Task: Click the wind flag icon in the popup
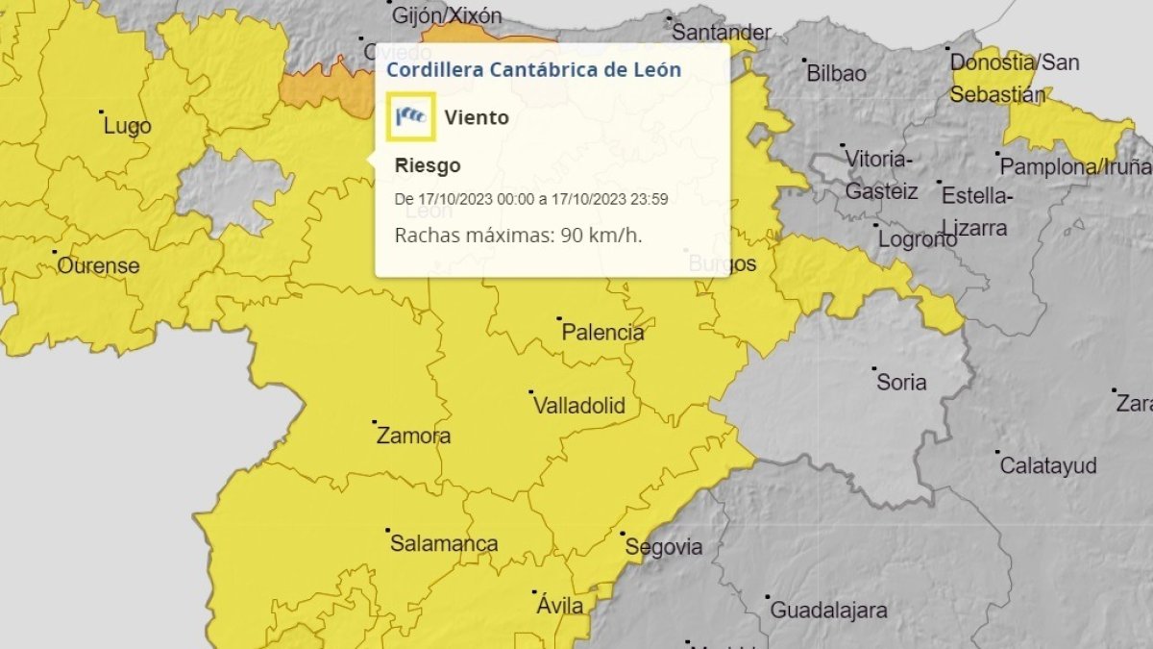411,117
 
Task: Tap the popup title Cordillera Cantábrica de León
533,69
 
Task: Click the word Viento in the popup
477,117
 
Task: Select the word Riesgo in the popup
428,165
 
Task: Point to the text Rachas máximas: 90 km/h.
519,235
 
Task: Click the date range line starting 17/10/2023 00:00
531,199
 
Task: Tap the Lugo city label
127,126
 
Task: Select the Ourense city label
98,265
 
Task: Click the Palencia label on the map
602,333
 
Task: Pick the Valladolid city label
578,406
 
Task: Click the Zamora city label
413,436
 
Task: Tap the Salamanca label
444,543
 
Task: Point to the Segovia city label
663,547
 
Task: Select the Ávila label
559,606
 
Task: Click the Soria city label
901,382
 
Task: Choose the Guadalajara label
828,610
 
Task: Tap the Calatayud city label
1048,465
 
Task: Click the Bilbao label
836,73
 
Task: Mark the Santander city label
721,32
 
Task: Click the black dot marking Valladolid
531,392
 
